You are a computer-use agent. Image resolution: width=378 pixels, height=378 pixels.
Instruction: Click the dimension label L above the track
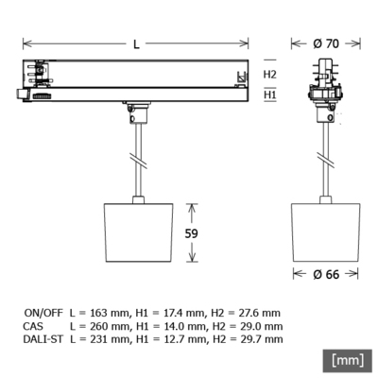click(x=137, y=43)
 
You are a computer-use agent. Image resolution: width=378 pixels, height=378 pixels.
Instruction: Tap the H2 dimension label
click(x=270, y=74)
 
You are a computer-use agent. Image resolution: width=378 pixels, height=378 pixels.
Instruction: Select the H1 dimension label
click(x=270, y=94)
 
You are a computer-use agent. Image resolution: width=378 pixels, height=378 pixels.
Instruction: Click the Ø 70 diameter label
click(x=327, y=43)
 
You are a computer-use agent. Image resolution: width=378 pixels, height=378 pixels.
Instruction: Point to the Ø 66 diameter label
click(x=327, y=274)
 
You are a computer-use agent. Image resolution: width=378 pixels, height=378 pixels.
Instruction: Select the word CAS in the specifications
click(x=33, y=325)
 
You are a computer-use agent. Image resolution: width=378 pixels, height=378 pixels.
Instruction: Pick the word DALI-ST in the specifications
click(x=43, y=338)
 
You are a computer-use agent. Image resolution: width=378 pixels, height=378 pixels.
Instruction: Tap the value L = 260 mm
click(x=100, y=325)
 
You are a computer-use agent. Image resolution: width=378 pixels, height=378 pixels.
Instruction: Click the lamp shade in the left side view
click(x=138, y=232)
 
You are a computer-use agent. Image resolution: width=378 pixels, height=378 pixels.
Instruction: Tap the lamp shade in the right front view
click(x=327, y=232)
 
